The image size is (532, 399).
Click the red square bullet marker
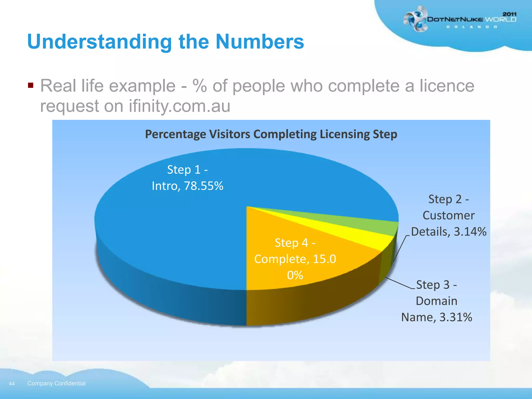pos(31,85)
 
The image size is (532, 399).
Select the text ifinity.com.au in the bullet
pos(179,106)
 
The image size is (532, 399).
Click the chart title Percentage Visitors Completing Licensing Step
pos(271,134)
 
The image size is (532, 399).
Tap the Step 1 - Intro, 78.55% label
pos(188,178)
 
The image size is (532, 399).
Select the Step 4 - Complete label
pos(295,259)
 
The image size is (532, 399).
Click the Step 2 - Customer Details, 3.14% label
pos(449,215)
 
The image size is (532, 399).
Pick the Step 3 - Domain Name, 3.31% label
pos(437,301)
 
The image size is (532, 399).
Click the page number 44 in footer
pos(12,384)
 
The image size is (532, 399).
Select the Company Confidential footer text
pos(56,383)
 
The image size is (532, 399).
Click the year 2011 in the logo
pos(509,14)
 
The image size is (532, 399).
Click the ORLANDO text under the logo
pos(471,27)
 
